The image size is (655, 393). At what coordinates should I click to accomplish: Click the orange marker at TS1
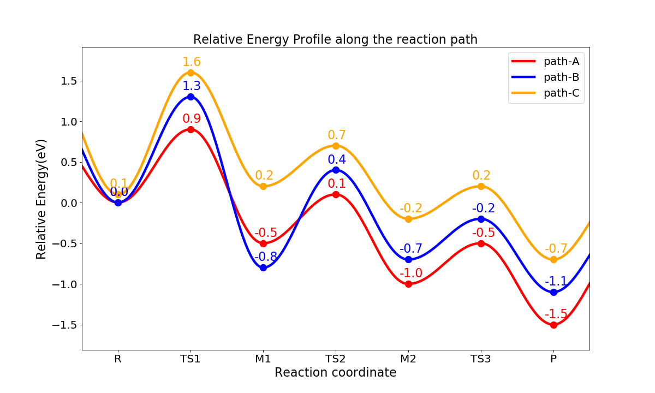(x=190, y=73)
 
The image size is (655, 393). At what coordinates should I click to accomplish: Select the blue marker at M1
(x=263, y=267)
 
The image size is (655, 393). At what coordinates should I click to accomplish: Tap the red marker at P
(x=553, y=325)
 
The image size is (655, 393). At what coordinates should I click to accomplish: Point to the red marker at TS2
(x=336, y=194)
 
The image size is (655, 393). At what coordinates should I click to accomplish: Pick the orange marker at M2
(x=408, y=219)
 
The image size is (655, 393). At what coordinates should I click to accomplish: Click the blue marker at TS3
(x=481, y=219)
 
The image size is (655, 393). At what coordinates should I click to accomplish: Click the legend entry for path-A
(x=546, y=61)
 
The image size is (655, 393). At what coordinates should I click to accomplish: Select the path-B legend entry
(x=546, y=77)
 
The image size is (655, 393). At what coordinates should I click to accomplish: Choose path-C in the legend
(x=546, y=93)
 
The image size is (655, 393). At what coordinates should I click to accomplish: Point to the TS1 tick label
(x=190, y=359)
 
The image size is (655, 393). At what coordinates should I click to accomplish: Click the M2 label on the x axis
(x=408, y=359)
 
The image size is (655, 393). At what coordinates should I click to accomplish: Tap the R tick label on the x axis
(x=118, y=359)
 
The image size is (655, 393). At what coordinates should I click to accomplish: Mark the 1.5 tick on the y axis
(x=68, y=81)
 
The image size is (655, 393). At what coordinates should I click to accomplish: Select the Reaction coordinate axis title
(x=335, y=373)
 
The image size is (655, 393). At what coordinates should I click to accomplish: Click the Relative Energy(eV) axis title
(x=42, y=199)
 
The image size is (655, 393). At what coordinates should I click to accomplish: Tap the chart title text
(x=335, y=39)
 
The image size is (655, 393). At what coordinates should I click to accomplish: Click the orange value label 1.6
(x=192, y=62)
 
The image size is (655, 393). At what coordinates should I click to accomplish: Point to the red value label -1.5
(x=556, y=314)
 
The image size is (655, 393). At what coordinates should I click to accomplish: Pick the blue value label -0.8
(x=265, y=257)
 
